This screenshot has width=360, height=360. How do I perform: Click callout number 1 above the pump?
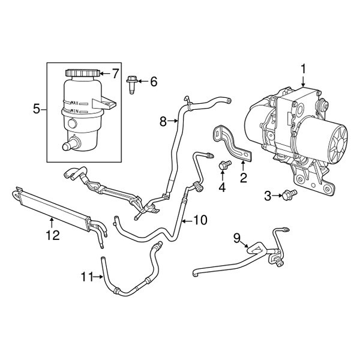304,69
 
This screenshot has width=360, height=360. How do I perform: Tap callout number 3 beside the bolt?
268,194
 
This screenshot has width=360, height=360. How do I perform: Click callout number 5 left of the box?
36,109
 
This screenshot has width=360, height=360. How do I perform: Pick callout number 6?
153,81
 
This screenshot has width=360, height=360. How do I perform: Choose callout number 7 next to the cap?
116,73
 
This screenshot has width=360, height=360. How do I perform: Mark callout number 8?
163,122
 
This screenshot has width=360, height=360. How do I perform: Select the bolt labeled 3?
291,194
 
